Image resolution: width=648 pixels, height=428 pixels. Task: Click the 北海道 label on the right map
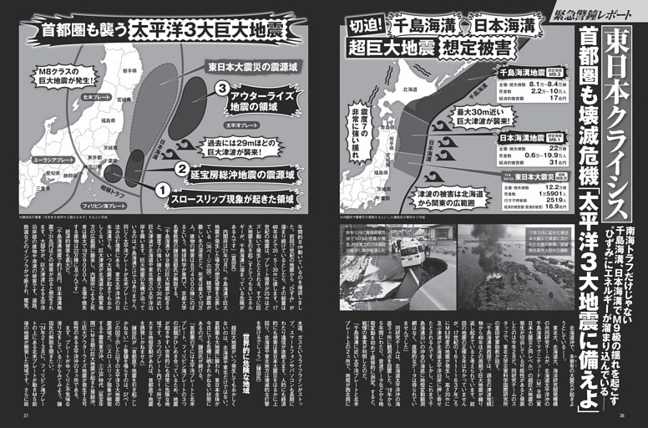(409, 89)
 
